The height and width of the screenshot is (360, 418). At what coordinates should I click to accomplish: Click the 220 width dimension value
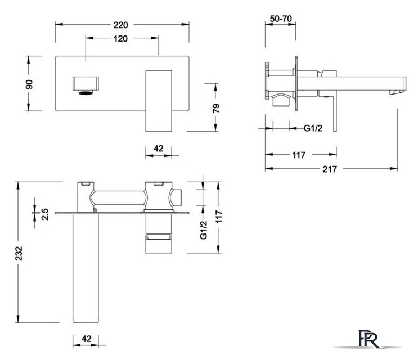121,25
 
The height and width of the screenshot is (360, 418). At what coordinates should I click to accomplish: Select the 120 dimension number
120,39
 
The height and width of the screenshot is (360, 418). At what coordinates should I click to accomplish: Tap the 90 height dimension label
29,84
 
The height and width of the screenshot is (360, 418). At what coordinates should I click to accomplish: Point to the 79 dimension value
216,108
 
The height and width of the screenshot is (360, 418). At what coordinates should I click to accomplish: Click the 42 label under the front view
158,148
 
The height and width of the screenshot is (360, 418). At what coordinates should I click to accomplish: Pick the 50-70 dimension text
281,19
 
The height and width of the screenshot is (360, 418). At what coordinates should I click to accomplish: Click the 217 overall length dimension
330,169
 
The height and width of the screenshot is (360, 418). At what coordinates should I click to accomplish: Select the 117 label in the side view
299,155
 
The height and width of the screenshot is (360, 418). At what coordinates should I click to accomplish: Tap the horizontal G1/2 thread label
313,128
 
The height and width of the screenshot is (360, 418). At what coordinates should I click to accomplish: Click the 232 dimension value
19,254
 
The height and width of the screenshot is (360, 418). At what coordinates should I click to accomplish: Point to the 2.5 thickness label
45,214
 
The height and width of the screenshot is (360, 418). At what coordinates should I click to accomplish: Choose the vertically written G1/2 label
204,230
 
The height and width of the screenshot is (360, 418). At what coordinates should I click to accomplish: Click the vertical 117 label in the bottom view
219,217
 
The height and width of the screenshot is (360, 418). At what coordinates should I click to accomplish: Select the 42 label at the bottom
86,339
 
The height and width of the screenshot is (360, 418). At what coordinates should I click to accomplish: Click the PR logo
368,339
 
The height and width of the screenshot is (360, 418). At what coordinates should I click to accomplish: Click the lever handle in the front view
158,101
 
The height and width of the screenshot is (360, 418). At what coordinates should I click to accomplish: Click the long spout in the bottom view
86,268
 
